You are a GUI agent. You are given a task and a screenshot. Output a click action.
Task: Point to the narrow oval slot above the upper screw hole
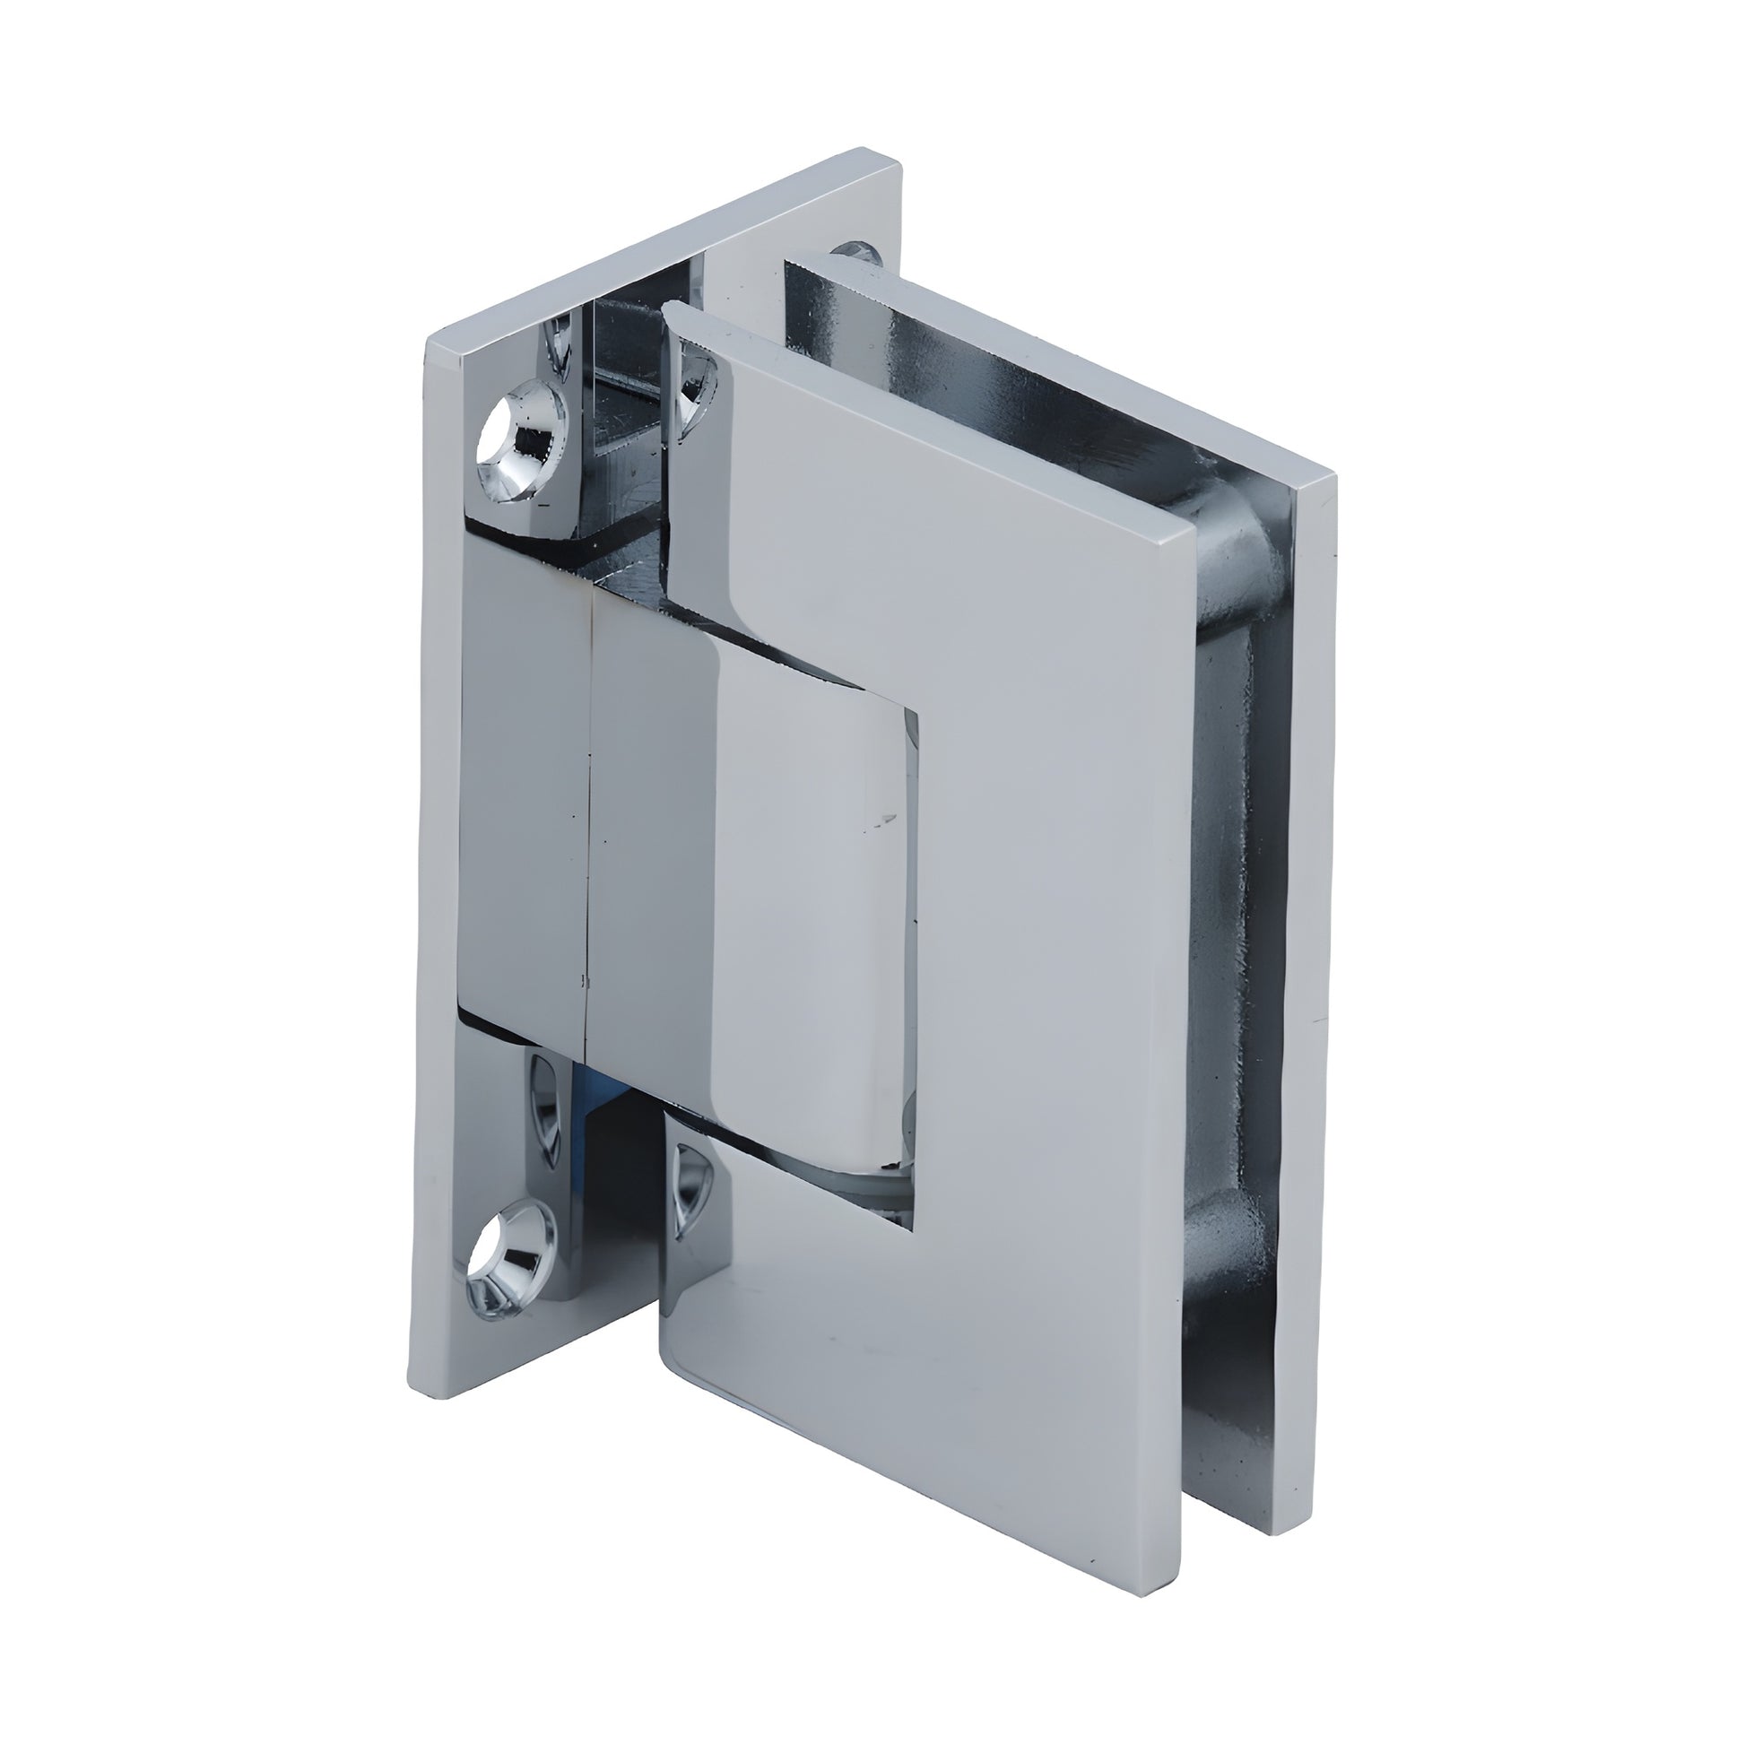[559, 347]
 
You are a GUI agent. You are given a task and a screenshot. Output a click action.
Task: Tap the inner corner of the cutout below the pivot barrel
[915, 1228]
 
